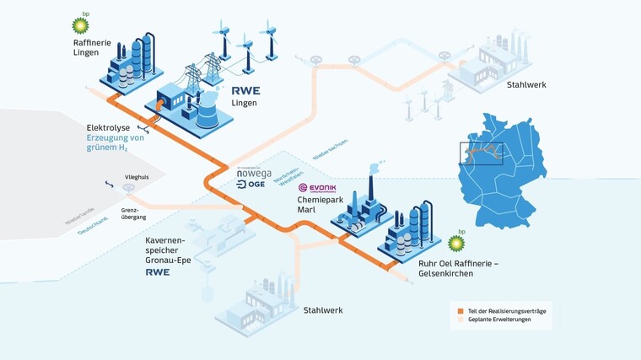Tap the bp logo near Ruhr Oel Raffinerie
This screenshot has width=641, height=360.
pos(456,242)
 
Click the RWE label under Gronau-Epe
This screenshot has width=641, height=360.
pos(158,272)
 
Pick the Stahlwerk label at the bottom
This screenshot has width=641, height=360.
pos(324,310)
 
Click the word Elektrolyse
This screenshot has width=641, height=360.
pos(109,128)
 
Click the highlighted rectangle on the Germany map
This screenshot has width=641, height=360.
pos(481,153)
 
